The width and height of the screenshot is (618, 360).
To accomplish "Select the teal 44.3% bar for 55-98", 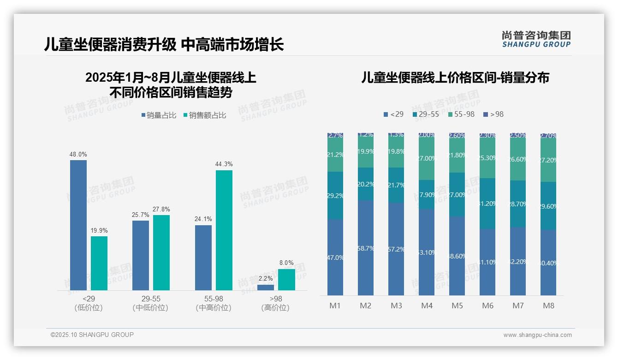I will click(x=224, y=230).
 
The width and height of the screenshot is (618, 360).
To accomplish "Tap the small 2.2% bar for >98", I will click(x=266, y=288).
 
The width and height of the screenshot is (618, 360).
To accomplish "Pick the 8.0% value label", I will click(x=286, y=263).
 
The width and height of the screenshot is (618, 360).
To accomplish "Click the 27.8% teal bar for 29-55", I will click(x=161, y=252).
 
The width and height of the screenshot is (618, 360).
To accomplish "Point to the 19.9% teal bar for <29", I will click(x=99, y=263).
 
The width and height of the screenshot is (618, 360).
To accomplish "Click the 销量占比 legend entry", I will click(x=159, y=115).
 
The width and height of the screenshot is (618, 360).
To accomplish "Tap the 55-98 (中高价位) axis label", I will click(x=214, y=303).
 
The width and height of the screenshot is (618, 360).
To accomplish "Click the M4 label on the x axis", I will click(x=427, y=306).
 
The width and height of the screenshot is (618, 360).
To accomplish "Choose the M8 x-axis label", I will click(x=548, y=306).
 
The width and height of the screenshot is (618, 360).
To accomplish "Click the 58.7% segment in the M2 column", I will click(x=366, y=248).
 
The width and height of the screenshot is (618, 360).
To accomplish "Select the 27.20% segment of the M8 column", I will click(x=548, y=160).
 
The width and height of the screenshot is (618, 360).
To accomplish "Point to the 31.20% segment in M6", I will click(x=487, y=204).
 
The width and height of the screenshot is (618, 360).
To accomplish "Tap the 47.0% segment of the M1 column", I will click(x=335, y=257).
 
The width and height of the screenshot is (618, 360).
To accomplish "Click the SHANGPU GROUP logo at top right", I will click(x=536, y=39).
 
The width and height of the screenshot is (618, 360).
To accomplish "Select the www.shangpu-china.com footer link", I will click(x=537, y=335).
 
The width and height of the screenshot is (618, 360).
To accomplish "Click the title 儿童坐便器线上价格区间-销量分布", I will click(x=455, y=78).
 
